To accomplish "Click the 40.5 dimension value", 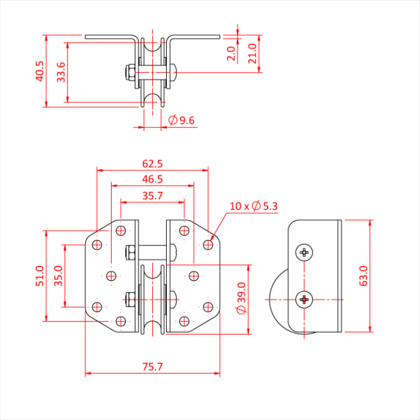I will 40,71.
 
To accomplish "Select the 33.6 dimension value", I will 61,72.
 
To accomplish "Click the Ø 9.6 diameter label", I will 182,121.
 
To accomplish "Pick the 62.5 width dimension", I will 152,163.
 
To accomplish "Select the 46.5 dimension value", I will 152,179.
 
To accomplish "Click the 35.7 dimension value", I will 152,195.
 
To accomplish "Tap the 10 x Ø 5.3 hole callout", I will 253,206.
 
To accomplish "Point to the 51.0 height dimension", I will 40,277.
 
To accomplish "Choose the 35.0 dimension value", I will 59,277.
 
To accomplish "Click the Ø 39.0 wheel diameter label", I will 241,299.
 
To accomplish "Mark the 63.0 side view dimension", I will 364,276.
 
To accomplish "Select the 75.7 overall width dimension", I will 152,367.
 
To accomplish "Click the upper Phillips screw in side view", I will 305,253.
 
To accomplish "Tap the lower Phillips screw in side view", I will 305,299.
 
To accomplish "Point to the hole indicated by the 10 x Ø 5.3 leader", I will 208,244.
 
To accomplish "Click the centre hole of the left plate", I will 111,275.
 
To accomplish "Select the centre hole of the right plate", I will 193,275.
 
